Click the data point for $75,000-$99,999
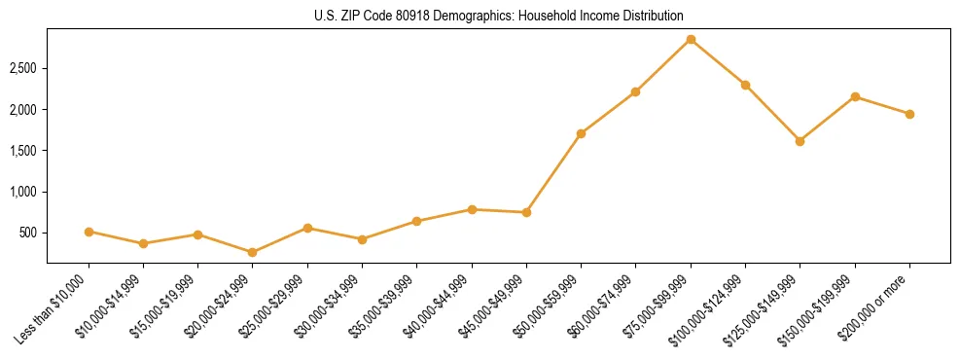tap(691, 40)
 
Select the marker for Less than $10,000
tap(89, 232)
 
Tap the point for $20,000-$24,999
tap(253, 252)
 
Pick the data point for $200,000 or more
tap(909, 114)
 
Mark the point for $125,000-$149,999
tap(800, 141)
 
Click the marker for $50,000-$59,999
tap(581, 133)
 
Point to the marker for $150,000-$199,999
tap(855, 96)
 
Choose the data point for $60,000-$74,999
tap(635, 91)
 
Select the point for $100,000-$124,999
tap(745, 85)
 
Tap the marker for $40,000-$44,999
tap(472, 209)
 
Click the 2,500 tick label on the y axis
tap(24, 69)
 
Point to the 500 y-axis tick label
tap(29, 234)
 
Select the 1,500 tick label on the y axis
tap(24, 151)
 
